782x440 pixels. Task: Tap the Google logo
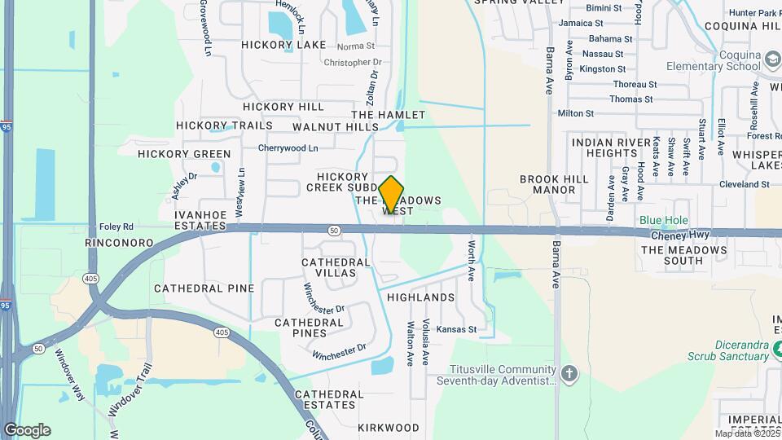pyautogui.click(x=27, y=430)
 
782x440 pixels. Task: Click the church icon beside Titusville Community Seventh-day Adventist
pyautogui.click(x=569, y=374)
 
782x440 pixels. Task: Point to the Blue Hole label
pyautogui.click(x=663, y=220)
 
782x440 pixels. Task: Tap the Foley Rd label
pyautogui.click(x=116, y=227)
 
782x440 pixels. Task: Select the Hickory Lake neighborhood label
pyautogui.click(x=283, y=45)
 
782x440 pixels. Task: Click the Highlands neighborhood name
pyautogui.click(x=421, y=297)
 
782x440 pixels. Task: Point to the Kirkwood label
pyautogui.click(x=388, y=427)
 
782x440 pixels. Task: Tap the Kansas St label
pyautogui.click(x=456, y=329)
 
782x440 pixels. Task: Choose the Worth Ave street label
pyautogui.click(x=471, y=260)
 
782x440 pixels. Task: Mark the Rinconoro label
pyautogui.click(x=120, y=243)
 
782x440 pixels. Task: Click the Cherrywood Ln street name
pyautogui.click(x=288, y=148)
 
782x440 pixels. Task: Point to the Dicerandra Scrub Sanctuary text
pyautogui.click(x=741, y=350)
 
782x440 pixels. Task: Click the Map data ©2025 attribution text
pyautogui.click(x=746, y=433)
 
